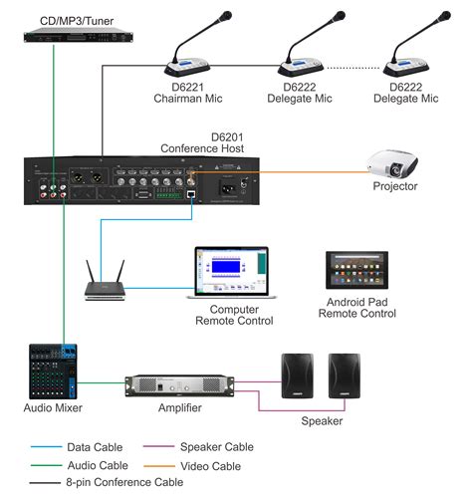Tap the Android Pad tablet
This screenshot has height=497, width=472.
click(x=359, y=270)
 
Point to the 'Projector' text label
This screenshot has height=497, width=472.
click(x=395, y=186)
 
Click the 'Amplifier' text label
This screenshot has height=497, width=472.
click(x=180, y=408)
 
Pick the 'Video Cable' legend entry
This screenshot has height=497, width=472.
click(x=210, y=464)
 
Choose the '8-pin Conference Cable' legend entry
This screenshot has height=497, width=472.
click(x=124, y=482)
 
